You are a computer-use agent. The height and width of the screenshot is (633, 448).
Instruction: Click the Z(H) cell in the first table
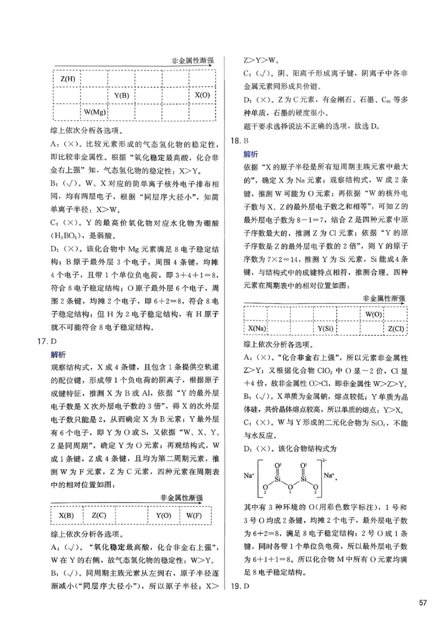pos(67,78)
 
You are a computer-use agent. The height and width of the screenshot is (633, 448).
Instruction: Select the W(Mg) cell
pos(95,113)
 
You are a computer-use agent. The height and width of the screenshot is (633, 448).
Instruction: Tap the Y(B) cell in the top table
pos(122,95)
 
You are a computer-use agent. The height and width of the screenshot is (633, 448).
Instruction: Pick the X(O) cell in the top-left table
pos(202,95)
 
